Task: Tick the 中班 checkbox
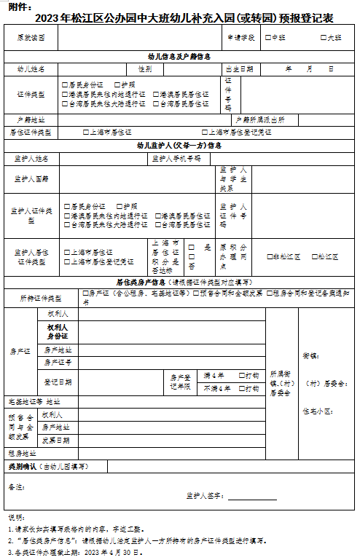pyautogui.click(x=268, y=36)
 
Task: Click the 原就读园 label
pyautogui.click(x=31, y=36)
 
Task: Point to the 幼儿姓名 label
pyautogui.click(x=31, y=69)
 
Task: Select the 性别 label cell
pyautogui.click(x=145, y=69)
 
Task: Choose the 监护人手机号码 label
pyautogui.click(x=176, y=158)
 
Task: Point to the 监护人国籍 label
pyautogui.click(x=31, y=178)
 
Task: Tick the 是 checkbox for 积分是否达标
pyautogui.click(x=192, y=247)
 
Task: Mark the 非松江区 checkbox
pyautogui.click(x=269, y=256)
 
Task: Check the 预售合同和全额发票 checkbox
pyautogui.click(x=196, y=293)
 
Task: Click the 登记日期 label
pyautogui.click(x=58, y=381)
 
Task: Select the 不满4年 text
pyautogui.click(x=216, y=388)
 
